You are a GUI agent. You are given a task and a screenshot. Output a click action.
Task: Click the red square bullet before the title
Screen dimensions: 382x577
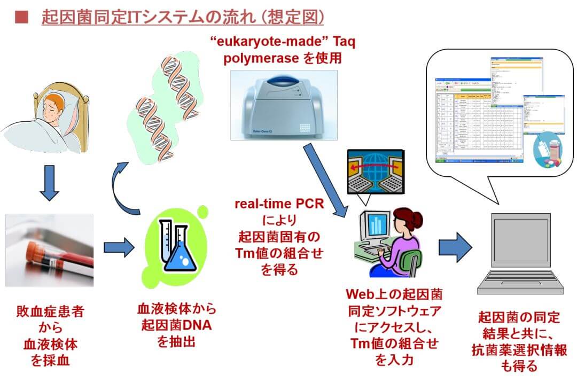21,18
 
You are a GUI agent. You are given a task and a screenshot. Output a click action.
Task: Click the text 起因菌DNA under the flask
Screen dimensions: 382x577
174,324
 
